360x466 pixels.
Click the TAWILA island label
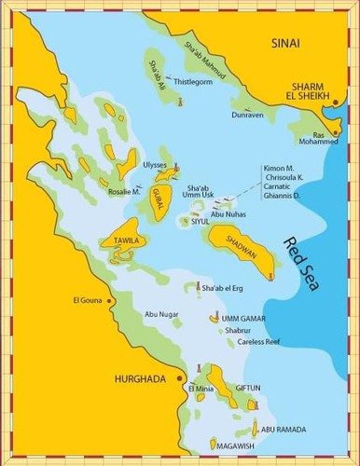coord(126,240)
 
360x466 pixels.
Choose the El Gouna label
coord(87,300)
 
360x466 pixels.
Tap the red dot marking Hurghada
coord(179,380)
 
